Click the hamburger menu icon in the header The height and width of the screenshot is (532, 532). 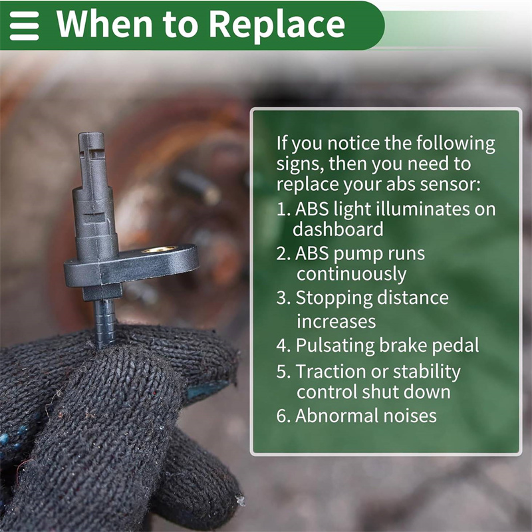point(24,26)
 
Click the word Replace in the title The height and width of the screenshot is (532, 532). point(277,25)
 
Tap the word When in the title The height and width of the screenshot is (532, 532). point(104,24)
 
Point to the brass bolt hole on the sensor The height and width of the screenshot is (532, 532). point(159,250)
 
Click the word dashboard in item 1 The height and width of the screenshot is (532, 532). point(338,229)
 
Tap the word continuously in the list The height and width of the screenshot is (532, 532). point(352,274)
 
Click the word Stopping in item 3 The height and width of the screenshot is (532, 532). point(334,299)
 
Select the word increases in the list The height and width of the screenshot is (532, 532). point(336,322)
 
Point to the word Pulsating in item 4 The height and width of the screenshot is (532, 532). point(334,346)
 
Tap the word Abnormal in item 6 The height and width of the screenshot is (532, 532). point(336,416)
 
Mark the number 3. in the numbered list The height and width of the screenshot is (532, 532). point(283,298)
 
